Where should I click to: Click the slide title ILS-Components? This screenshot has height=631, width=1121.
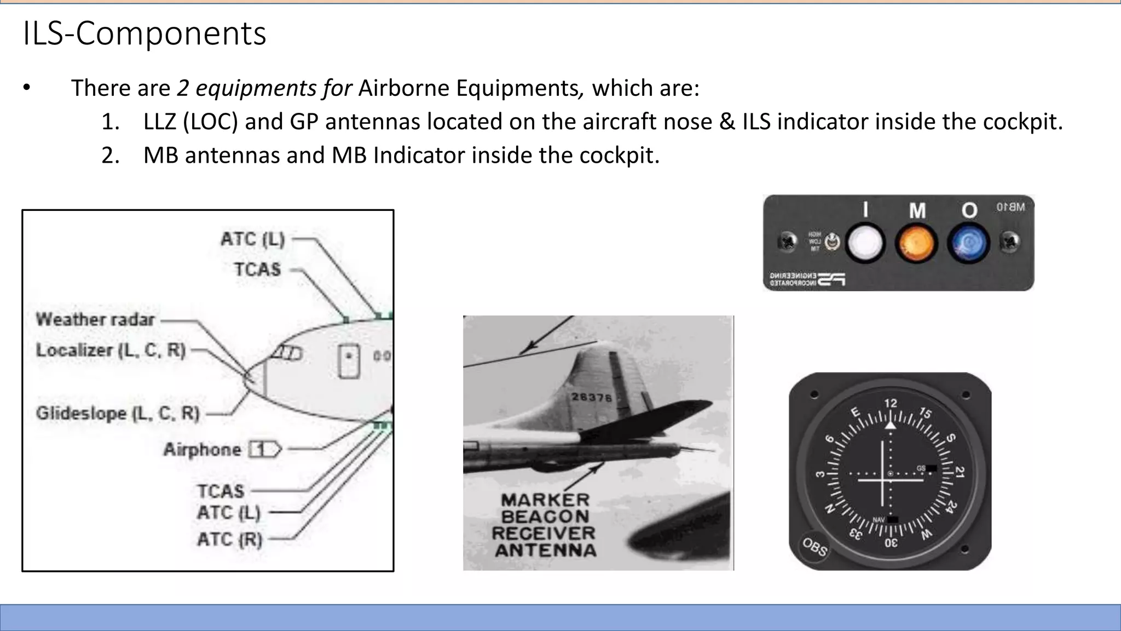145,33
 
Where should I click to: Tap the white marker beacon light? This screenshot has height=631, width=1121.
865,243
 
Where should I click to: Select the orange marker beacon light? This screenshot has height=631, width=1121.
916,243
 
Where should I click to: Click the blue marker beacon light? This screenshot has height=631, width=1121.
968,243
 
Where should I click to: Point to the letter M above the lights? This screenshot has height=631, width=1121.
917,210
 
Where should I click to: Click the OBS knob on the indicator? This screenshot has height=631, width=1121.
814,546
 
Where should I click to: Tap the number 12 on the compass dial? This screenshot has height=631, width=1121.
891,403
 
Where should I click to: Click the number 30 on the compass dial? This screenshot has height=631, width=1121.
891,543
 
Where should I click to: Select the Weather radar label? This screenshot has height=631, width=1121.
95,319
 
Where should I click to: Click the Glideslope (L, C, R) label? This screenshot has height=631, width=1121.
118,413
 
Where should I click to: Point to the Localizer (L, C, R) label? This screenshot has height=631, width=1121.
111,350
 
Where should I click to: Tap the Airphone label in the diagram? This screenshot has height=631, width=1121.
202,450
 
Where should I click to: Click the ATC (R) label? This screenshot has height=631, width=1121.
229,540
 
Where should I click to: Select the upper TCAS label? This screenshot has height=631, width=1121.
257,269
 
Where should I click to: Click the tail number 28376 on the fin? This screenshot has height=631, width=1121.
591,397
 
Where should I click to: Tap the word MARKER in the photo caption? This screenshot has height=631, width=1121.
545,500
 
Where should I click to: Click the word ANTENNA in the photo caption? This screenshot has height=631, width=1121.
546,550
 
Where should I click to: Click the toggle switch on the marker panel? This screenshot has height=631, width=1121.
832,241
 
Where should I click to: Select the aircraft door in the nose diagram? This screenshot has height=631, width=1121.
349,360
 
